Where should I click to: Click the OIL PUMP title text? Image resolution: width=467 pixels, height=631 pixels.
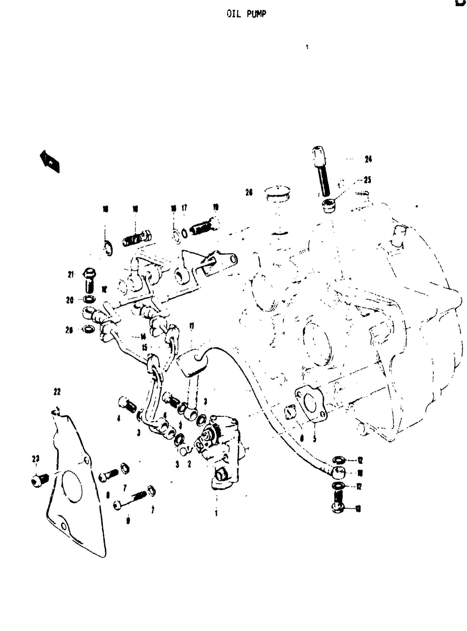click(x=246, y=14)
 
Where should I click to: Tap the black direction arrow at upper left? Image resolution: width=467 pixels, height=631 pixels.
click(x=50, y=161)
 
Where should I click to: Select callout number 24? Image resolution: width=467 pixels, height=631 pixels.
click(x=368, y=159)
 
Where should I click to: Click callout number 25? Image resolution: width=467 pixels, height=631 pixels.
click(x=367, y=180)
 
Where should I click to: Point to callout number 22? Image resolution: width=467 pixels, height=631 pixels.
click(x=57, y=392)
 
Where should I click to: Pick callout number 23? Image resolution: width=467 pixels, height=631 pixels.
click(x=36, y=459)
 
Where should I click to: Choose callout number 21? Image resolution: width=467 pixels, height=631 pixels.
click(x=70, y=274)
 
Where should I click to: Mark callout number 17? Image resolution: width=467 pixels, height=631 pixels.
click(x=184, y=208)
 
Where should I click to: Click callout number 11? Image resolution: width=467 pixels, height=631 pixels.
click(x=192, y=326)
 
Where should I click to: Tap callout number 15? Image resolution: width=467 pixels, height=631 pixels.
click(x=144, y=347)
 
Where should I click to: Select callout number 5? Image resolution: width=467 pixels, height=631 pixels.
click(x=314, y=439)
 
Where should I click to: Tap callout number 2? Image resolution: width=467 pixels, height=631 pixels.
click(x=189, y=464)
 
